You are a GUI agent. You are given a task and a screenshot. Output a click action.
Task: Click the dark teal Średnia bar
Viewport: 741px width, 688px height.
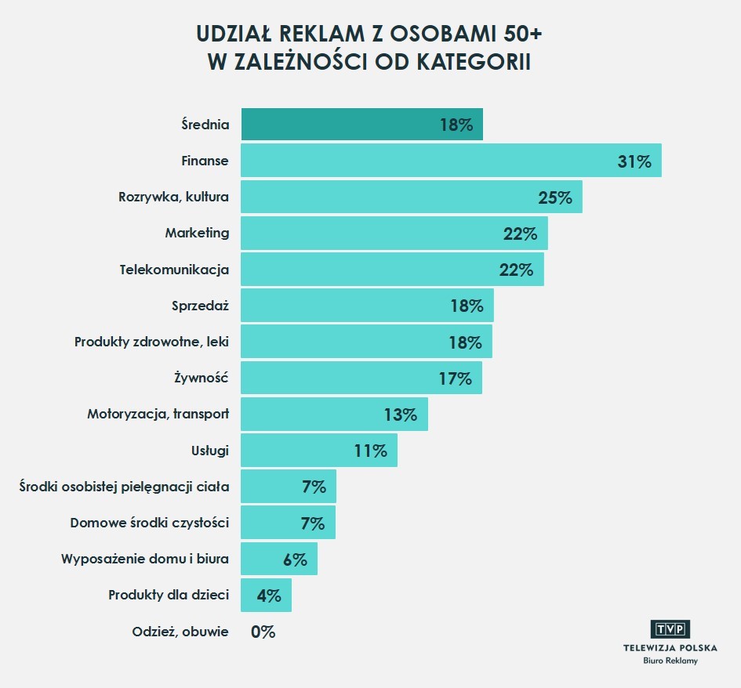tap(337, 125)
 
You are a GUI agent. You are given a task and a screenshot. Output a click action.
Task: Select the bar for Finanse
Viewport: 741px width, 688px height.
tap(423, 161)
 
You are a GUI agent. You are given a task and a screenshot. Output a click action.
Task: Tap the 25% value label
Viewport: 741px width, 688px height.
tap(555, 197)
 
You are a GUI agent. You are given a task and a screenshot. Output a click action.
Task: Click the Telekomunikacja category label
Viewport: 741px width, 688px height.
tap(174, 270)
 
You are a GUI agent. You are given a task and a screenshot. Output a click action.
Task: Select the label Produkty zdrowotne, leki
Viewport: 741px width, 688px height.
tap(151, 342)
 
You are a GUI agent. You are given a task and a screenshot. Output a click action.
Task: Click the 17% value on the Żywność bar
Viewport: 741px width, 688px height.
tap(456, 378)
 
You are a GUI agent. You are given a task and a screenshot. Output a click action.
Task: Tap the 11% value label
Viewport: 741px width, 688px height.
tap(371, 451)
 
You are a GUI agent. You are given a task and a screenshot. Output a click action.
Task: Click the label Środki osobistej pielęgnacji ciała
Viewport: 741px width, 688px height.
tap(124, 487)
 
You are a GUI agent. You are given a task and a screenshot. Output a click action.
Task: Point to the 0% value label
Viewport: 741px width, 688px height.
tap(263, 632)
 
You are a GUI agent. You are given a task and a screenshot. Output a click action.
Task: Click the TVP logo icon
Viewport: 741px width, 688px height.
tap(670, 628)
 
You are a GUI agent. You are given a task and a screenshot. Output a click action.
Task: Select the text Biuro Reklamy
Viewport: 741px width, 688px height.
tap(670, 661)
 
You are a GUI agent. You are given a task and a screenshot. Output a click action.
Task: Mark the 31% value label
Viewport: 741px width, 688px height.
tap(634, 161)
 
